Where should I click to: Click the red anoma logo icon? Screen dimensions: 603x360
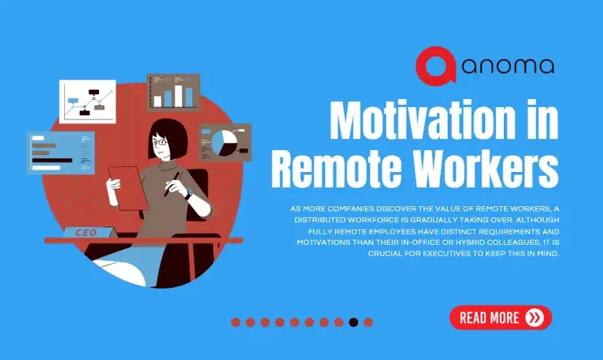tap(435, 66)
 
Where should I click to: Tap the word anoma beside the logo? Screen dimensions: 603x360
tap(508, 66)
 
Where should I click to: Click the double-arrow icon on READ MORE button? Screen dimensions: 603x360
tap(535, 318)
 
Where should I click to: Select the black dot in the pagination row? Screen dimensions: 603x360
tap(353, 322)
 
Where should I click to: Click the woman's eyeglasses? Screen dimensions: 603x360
tap(159, 142)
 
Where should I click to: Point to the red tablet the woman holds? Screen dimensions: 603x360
tap(127, 188)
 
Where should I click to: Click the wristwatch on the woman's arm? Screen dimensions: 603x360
tap(189, 193)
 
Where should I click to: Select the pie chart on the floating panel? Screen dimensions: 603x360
tap(224, 143)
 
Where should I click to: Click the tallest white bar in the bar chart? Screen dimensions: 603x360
tap(178, 96)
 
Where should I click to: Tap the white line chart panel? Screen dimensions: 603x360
tap(87, 101)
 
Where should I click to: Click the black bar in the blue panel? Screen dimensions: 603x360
tap(52, 160)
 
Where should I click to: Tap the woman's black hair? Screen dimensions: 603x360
tap(169, 137)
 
